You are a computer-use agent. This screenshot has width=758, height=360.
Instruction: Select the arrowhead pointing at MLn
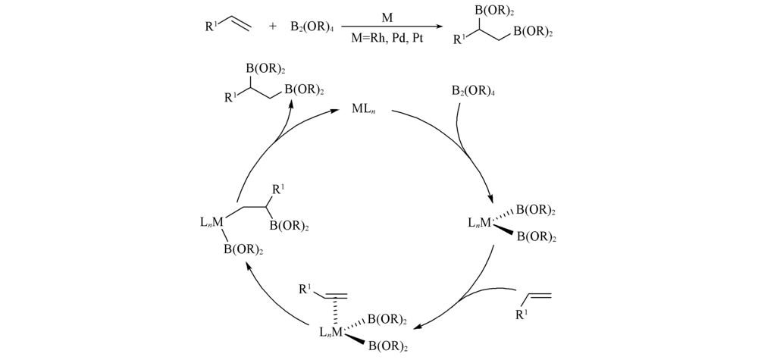click(337, 111)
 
